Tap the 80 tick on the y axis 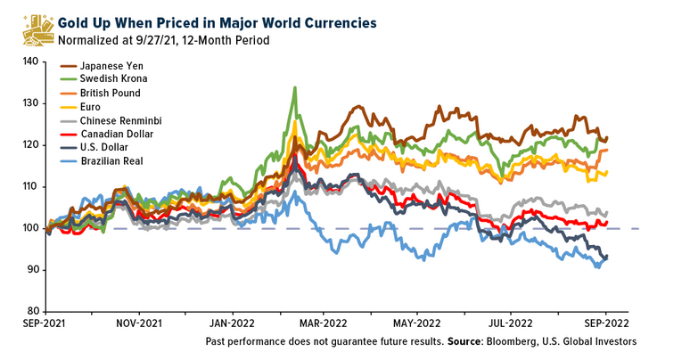[31, 311]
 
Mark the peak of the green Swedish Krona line [294, 88]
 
